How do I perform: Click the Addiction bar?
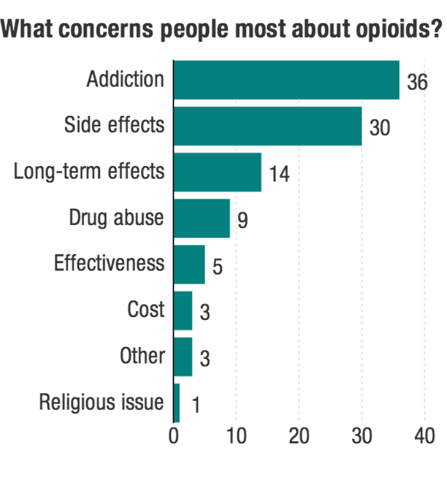286,80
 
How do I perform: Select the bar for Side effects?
268,126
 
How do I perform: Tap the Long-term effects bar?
217,172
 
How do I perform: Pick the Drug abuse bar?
202,218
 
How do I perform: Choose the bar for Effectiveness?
189,264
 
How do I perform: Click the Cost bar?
183,310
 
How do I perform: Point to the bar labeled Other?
183,357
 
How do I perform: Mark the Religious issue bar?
177,403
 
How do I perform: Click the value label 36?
418,82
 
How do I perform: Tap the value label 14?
279,174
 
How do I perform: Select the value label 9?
243,220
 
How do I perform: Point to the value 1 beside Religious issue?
196,405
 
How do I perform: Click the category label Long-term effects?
89,172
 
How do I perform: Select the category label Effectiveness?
109,264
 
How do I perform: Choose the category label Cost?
146,310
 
